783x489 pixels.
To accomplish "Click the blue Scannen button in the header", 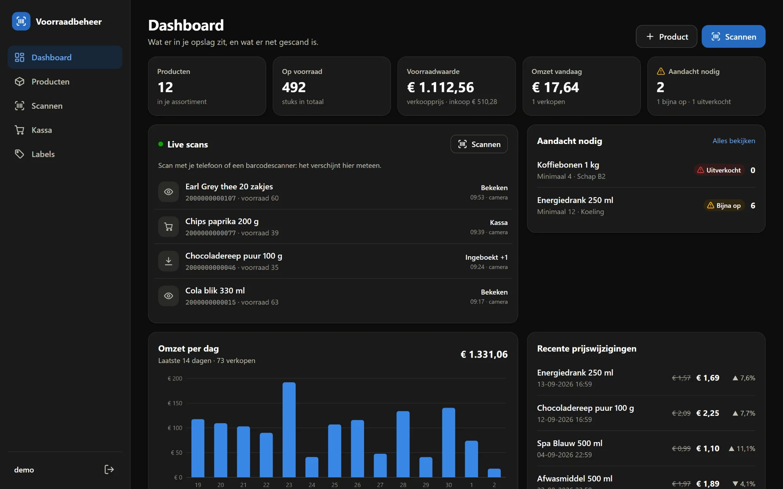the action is [733, 37].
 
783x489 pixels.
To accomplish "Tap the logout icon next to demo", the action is [109, 469].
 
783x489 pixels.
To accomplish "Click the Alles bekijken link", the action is [734, 141].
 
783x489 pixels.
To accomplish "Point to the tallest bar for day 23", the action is [289, 430].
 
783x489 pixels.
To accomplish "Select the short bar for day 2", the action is [494, 473].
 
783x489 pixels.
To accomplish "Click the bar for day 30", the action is [449, 442].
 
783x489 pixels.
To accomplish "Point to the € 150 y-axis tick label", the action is [175, 403].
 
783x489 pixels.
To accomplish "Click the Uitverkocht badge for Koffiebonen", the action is [719, 170].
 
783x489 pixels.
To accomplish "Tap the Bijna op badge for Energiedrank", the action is [724, 206].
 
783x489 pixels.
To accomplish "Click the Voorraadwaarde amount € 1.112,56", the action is [440, 87].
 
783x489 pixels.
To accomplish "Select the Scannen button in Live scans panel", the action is [479, 144].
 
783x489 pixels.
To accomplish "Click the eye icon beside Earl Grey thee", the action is [168, 192].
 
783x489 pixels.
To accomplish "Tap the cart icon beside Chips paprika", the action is [168, 227].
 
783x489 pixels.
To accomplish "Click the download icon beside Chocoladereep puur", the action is [168, 261].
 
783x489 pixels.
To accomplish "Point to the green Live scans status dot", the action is [161, 144].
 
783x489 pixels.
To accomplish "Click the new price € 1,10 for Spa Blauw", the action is [708, 449].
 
